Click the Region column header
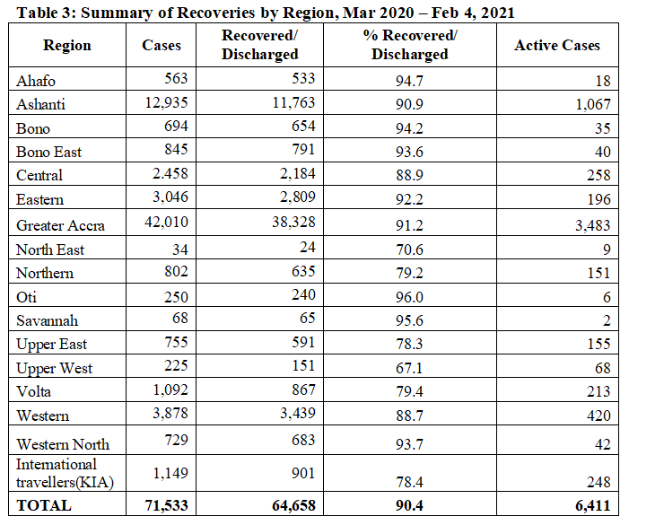67,45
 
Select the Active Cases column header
557,45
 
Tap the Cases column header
162,45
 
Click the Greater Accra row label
60,225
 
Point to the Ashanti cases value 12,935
166,102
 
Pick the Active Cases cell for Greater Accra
592,225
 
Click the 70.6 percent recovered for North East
409,249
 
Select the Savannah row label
47,320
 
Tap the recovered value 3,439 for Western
298,413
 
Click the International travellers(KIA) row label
65,473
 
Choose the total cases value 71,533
166,505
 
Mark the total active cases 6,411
592,505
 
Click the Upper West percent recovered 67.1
409,368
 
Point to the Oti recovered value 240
303,294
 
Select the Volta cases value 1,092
170,389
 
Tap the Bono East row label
48,152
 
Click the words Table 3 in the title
45,13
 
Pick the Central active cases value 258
598,175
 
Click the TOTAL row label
44,505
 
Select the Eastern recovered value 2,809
298,197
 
